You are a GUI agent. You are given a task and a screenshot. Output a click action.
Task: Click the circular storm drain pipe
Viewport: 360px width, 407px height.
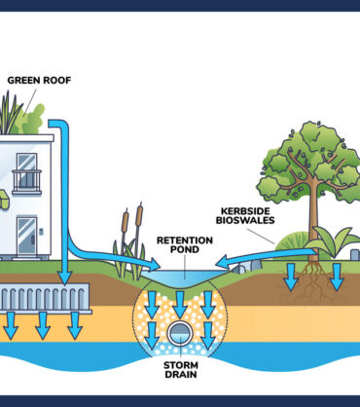181,337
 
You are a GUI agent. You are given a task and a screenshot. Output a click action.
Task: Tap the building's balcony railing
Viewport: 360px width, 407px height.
26,182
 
